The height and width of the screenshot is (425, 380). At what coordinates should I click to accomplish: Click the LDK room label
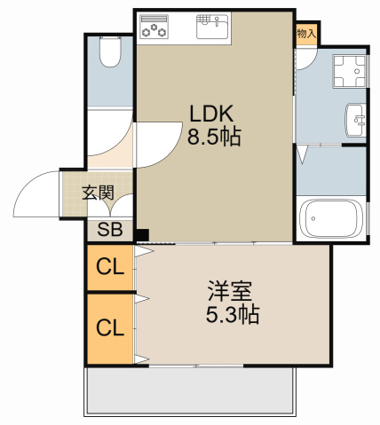click(x=211, y=114)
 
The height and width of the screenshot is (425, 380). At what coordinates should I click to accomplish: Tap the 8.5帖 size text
click(x=214, y=137)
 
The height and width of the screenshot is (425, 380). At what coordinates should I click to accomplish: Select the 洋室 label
click(x=229, y=291)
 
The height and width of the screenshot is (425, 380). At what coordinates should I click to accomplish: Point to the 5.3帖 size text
click(x=233, y=314)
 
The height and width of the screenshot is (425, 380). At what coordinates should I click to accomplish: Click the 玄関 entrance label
click(x=98, y=193)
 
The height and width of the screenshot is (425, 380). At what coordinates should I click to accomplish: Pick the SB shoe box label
click(x=110, y=229)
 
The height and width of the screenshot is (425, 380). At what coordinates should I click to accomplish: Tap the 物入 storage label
click(x=306, y=34)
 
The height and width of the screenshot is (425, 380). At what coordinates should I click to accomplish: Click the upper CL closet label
click(x=110, y=266)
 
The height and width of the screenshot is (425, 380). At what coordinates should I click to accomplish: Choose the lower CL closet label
click(x=110, y=327)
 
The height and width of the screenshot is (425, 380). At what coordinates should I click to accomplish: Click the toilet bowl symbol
click(x=110, y=51)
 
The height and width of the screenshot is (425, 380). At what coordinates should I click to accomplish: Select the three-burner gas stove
click(x=154, y=27)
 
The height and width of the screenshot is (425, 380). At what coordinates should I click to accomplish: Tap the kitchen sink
click(x=212, y=27)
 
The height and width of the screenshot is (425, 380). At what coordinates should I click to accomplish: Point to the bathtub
click(x=330, y=218)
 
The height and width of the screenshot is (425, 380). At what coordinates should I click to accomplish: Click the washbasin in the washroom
click(x=356, y=120)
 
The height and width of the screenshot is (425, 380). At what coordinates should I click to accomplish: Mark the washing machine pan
click(x=350, y=71)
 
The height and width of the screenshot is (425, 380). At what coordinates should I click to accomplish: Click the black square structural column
click(x=143, y=235)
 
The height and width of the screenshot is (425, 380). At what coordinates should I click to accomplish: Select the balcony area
click(x=190, y=391)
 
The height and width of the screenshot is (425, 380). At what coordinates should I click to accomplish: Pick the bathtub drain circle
click(x=313, y=219)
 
